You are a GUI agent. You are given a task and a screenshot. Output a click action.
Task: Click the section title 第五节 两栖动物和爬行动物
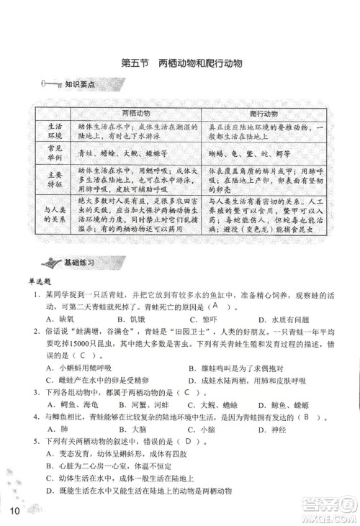[x=180, y=63]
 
